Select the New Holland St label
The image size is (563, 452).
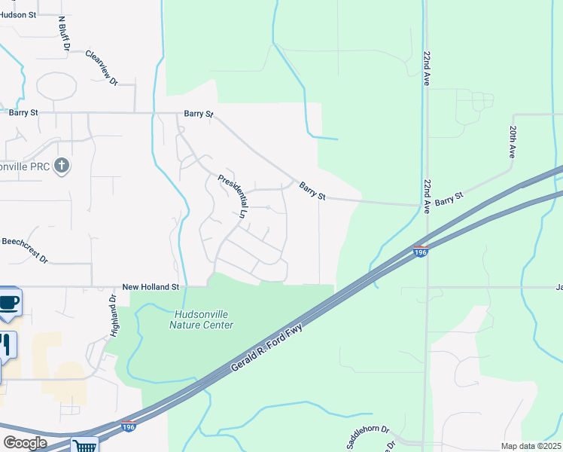click(151, 287)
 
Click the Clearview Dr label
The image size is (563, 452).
click(102, 68)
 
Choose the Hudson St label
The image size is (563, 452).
click(18, 14)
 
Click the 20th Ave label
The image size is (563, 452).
click(511, 142)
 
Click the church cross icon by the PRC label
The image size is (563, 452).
click(62, 165)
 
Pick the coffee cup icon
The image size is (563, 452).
click(9, 303)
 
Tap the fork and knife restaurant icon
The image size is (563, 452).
click(5, 344)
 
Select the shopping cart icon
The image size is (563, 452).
click(85, 444)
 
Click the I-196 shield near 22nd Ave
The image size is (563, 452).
click(420, 250)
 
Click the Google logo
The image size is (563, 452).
click(25, 442)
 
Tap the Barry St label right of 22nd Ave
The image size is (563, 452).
click(449, 199)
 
